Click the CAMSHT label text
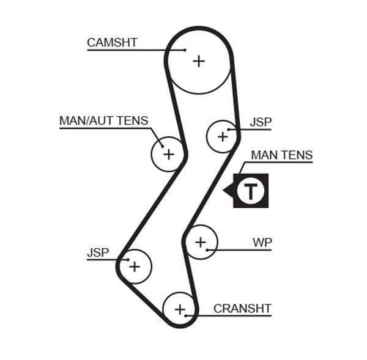[112, 43]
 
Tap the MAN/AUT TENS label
[103, 120]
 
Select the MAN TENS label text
[281, 155]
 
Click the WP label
[262, 243]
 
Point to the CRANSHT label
[242, 309]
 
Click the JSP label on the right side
[261, 122]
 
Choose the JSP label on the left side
[98, 252]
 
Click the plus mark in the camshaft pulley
[199, 61]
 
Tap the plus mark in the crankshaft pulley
[179, 309]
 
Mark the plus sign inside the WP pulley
[201, 243]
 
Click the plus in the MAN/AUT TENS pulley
[168, 154]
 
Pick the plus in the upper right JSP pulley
[222, 136]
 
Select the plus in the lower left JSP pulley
[135, 266]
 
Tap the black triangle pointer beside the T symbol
[228, 191]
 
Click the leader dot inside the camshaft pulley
[185, 50]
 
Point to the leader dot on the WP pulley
[208, 249]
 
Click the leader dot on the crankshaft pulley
[186, 316]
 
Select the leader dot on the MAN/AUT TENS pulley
[162, 145]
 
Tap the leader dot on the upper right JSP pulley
[229, 130]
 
